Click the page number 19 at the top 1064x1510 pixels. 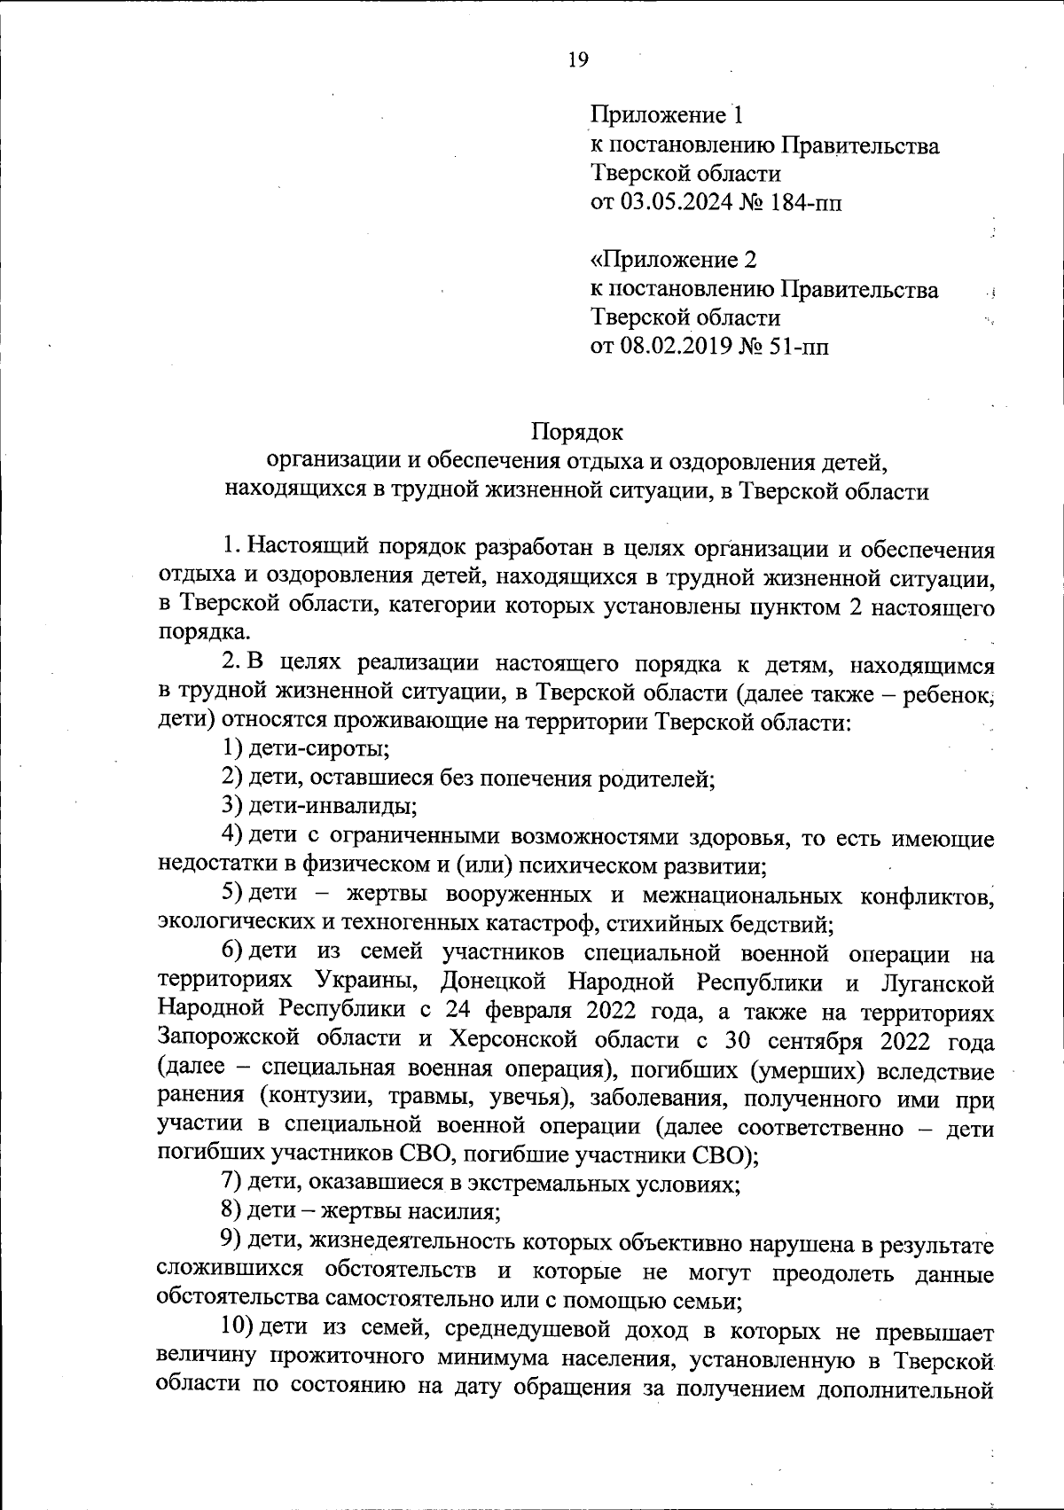click(x=578, y=59)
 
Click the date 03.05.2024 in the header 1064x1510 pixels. click(x=677, y=203)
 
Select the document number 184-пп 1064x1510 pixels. click(x=802, y=203)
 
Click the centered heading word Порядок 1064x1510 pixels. click(x=577, y=432)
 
